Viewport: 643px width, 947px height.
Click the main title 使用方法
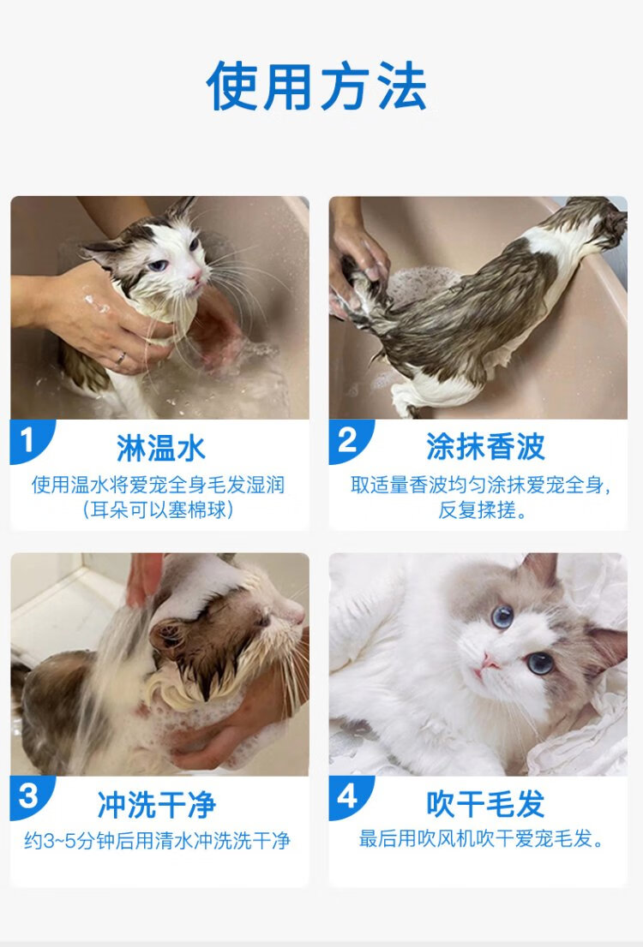[x=316, y=86]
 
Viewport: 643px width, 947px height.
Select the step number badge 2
[x=348, y=441]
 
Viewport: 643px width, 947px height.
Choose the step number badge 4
[x=348, y=797]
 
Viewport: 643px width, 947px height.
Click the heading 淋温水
[x=161, y=448]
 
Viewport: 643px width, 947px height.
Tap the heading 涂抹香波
[x=486, y=447]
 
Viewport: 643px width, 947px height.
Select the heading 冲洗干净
[x=157, y=805]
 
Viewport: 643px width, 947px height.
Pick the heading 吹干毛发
[x=486, y=803]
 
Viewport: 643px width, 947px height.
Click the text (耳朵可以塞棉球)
[x=159, y=509]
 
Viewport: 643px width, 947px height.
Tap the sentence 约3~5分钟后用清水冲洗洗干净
[x=157, y=841]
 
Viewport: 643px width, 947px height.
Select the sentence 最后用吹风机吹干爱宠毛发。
[x=482, y=839]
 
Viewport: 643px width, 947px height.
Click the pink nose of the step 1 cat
[x=196, y=276]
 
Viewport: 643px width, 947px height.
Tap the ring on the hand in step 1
[x=121, y=358]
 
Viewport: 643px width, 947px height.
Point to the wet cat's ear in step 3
[x=166, y=635]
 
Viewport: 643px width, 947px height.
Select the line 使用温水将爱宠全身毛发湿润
[x=159, y=485]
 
